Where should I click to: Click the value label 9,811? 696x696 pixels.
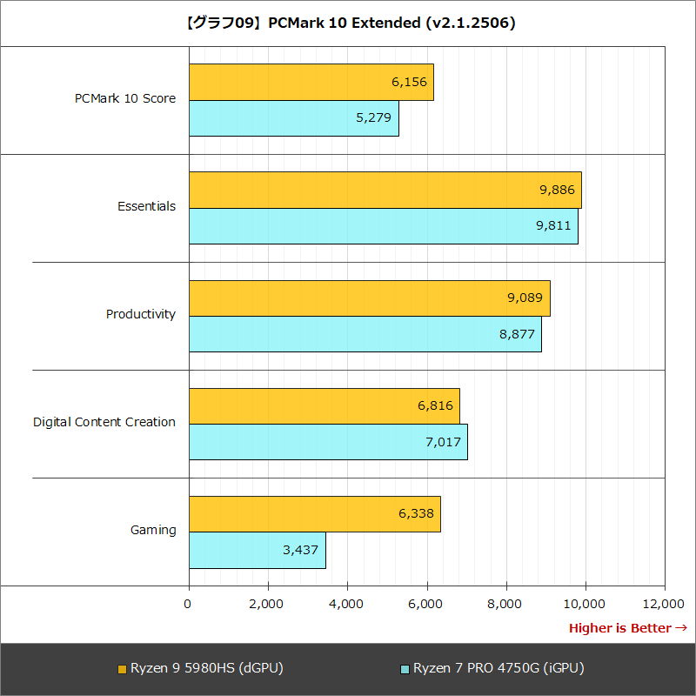[x=552, y=226]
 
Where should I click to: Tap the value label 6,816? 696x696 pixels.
[x=435, y=405]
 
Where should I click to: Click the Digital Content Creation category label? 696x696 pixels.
[x=104, y=422]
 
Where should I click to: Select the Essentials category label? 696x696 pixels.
[x=146, y=206]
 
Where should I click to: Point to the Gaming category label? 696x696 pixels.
[x=153, y=530]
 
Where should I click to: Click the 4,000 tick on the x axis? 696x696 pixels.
[x=347, y=604]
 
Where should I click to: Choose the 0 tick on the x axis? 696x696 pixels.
[x=189, y=604]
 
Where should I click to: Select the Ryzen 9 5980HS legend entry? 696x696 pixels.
[x=200, y=668]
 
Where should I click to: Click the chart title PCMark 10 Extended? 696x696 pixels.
[x=348, y=23]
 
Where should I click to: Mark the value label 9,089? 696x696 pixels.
[x=525, y=298]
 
